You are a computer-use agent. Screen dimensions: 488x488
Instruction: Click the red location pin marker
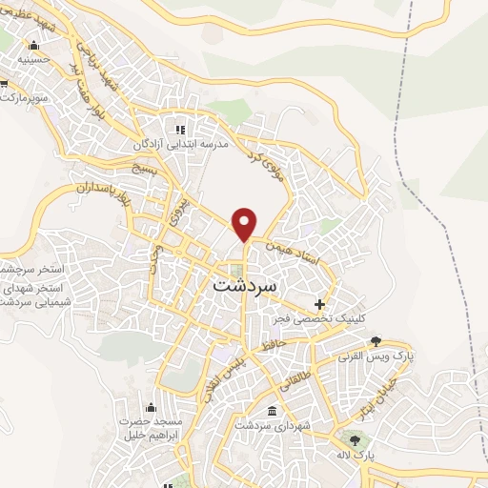pyautogui.click(x=245, y=223)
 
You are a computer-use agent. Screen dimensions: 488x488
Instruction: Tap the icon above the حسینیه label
pyautogui.click(x=34, y=45)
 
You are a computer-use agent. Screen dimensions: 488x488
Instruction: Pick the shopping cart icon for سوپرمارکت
pyautogui.click(x=4, y=96)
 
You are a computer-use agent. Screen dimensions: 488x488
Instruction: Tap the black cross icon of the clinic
pyautogui.click(x=333, y=302)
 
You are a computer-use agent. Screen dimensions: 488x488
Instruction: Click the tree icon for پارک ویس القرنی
pyautogui.click(x=376, y=341)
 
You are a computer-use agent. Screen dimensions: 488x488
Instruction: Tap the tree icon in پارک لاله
pyautogui.click(x=356, y=440)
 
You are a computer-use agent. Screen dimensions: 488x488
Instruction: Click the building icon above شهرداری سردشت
pyautogui.click(x=274, y=412)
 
